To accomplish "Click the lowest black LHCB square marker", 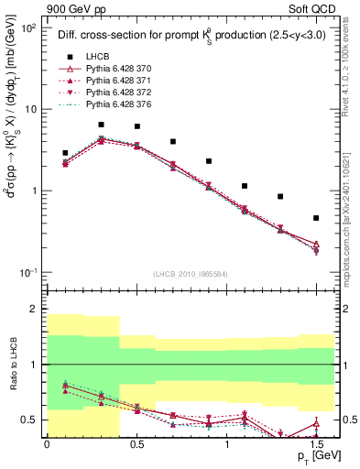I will [x=316, y=218].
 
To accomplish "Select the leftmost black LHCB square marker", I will [x=65, y=153].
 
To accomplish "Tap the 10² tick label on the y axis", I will [x=27, y=28].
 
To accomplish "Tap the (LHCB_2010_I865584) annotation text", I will [x=190, y=273].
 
